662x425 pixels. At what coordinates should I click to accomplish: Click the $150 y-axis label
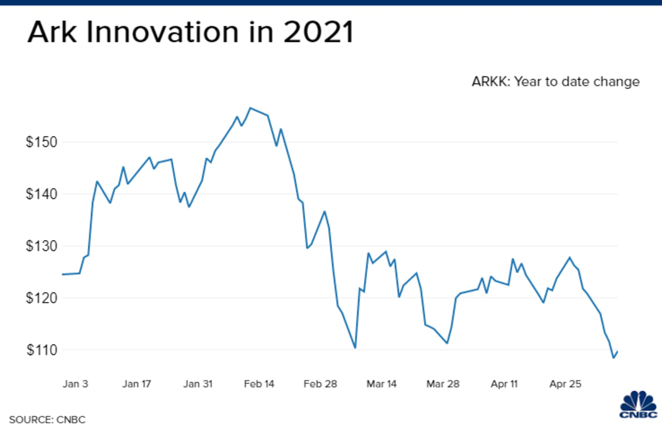point(41,142)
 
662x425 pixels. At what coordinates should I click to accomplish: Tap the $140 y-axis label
point(41,194)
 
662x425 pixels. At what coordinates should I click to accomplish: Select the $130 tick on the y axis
point(41,246)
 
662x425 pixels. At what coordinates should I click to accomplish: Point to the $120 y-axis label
point(41,298)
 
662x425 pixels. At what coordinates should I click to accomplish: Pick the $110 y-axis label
point(42,350)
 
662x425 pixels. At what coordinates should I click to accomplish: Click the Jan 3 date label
point(75,384)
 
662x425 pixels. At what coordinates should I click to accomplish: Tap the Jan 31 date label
point(198,384)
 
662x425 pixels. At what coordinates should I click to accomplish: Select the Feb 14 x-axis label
point(259,384)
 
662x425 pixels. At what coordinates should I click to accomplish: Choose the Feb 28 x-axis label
point(320,384)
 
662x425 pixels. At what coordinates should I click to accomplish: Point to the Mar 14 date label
point(381,384)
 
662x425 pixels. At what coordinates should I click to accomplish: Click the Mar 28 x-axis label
point(443,384)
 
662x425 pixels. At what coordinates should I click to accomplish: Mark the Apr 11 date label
point(504,384)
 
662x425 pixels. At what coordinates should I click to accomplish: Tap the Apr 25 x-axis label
point(565,384)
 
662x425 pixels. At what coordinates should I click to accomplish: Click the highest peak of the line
point(251,108)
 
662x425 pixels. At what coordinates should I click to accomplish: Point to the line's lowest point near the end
point(613,358)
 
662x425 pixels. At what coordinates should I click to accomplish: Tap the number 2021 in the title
point(318,32)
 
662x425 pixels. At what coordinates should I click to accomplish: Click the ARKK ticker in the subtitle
point(490,82)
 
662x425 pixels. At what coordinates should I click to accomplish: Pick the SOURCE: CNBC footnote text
point(47,419)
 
